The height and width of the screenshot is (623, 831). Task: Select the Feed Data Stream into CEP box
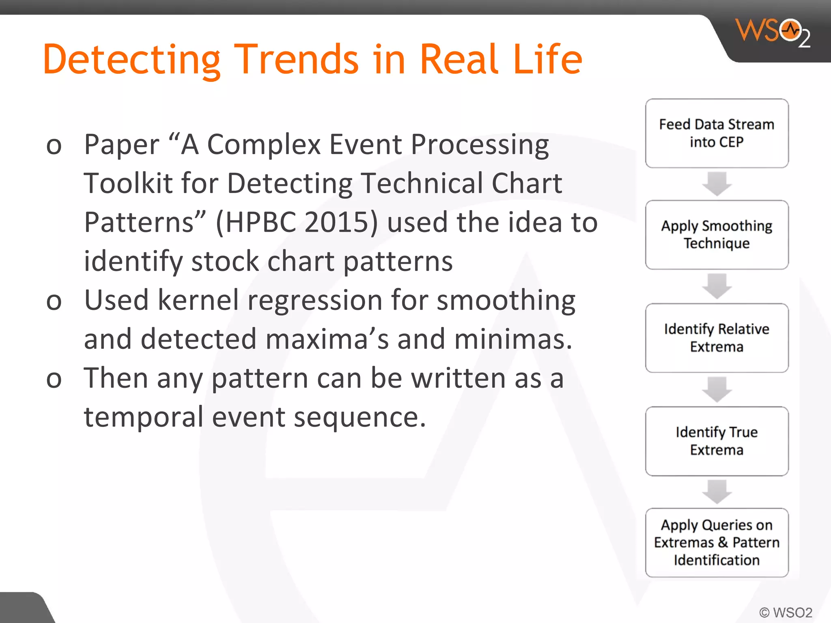717,133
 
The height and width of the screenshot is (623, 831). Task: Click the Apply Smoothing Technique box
717,235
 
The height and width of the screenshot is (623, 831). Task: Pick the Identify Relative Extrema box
717,338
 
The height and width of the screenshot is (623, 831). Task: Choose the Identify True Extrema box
717,441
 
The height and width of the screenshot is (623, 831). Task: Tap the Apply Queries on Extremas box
717,543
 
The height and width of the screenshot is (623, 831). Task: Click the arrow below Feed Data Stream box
717,184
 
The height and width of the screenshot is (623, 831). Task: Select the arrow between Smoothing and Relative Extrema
717,286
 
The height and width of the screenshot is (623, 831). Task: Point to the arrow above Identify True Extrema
717,389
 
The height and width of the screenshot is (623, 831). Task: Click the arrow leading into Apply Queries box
717,492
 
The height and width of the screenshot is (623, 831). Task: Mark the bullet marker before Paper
54,146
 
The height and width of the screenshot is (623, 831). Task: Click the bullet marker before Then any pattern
54,379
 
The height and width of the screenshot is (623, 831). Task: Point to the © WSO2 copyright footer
786,612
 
